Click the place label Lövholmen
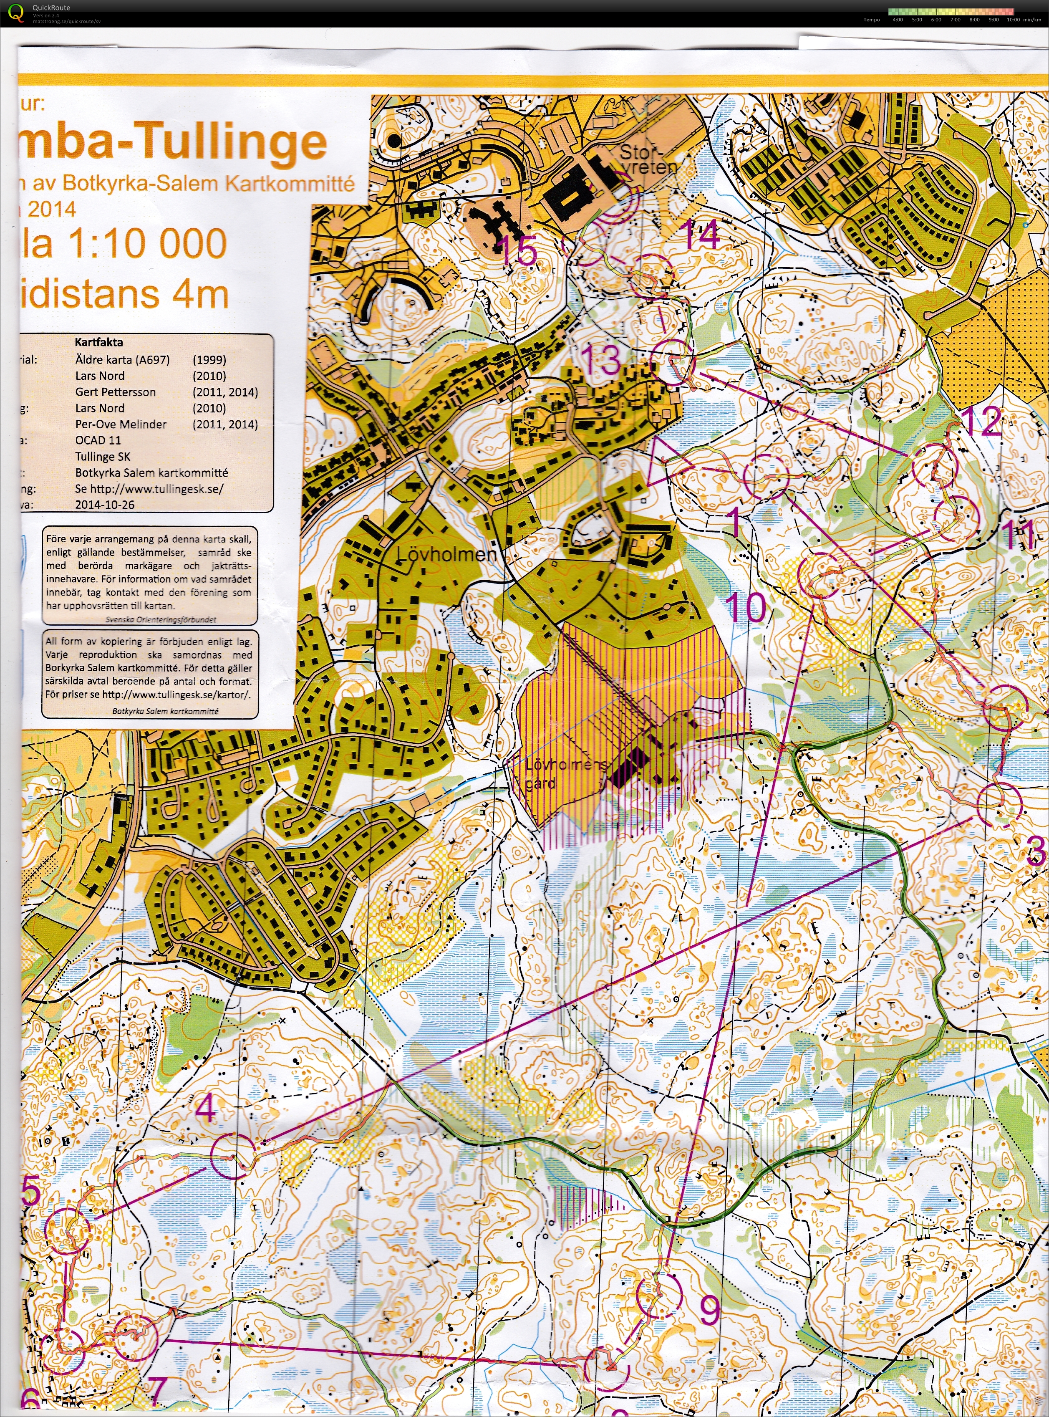[446, 554]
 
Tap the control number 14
[701, 235]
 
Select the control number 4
[207, 1108]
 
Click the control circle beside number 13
[673, 361]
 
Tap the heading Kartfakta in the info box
[98, 342]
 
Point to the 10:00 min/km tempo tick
[1013, 20]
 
